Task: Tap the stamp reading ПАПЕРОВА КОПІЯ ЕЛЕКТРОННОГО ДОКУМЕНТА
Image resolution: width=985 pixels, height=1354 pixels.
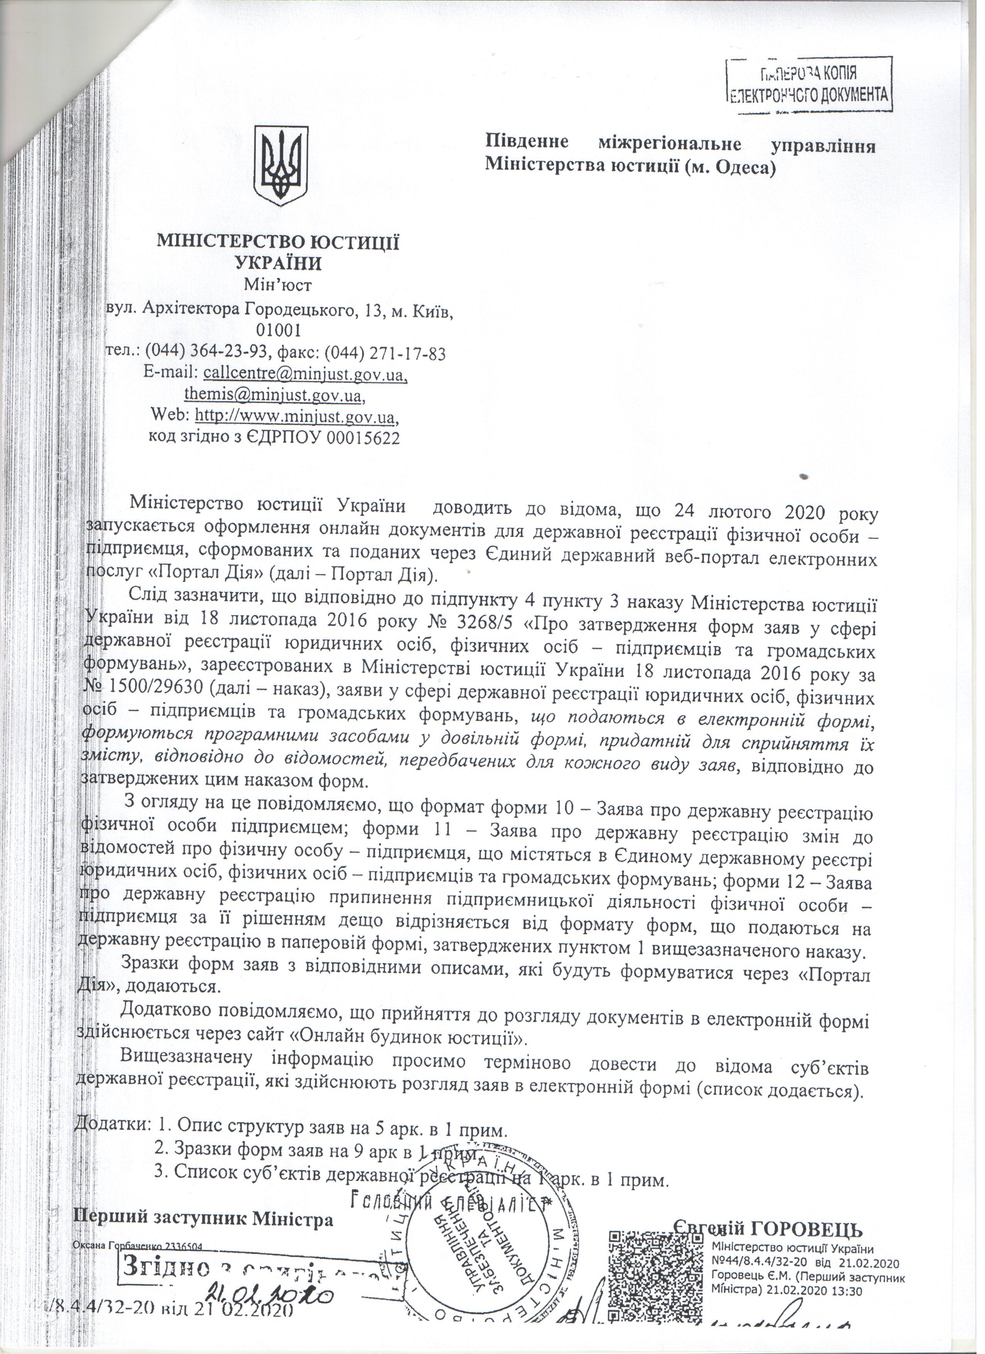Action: tap(811, 85)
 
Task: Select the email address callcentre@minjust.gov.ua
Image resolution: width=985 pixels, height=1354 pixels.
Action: tap(305, 374)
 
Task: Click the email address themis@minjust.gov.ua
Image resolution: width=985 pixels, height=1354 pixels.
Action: tap(273, 395)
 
